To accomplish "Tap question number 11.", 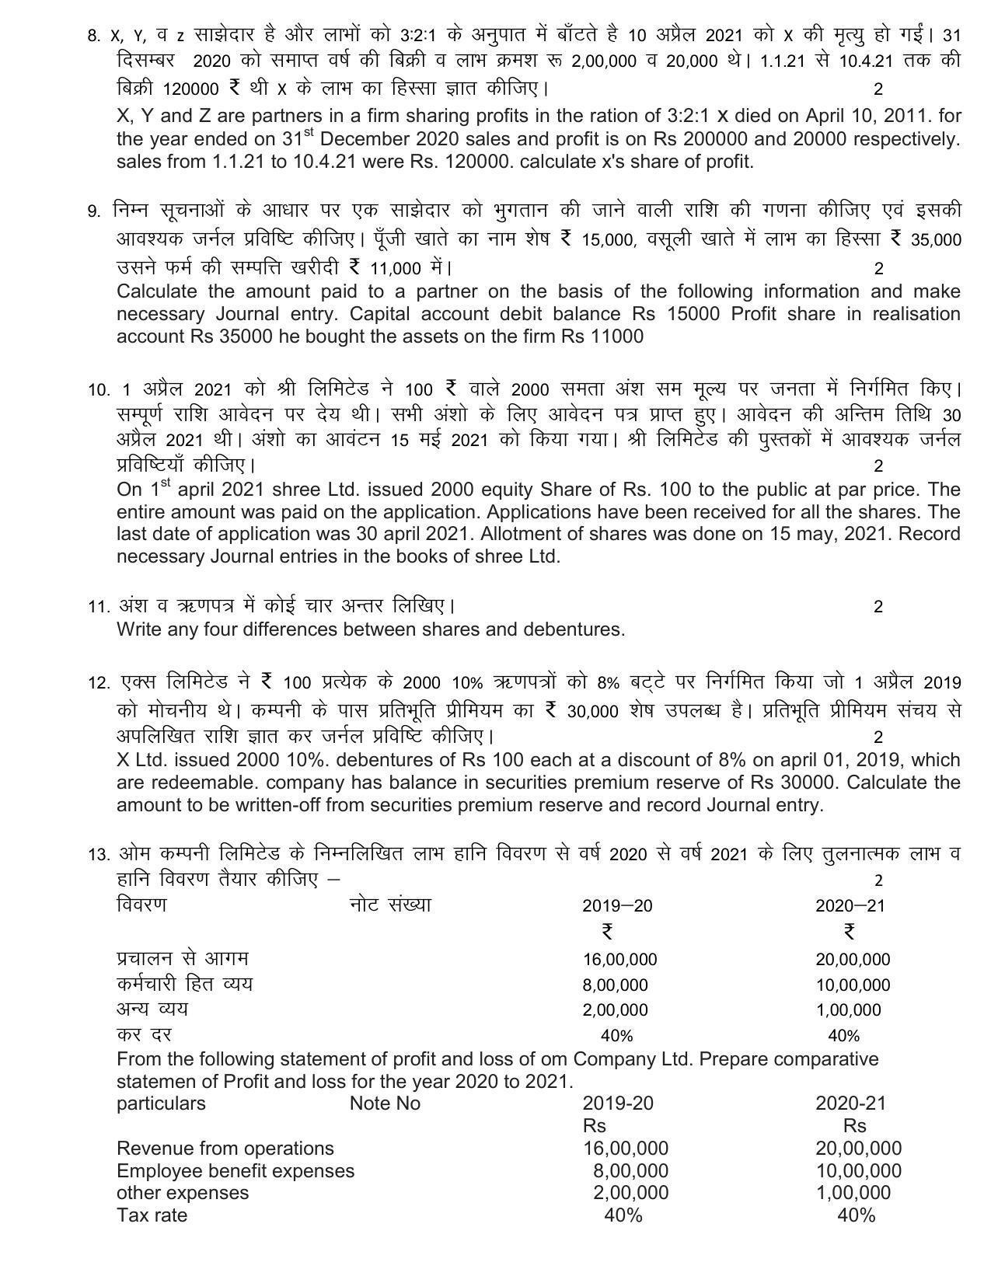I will pos(98,607).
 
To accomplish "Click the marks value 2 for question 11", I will pos(878,607).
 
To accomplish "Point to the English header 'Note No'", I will pos(385,1103).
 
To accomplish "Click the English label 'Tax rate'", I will pos(152,1215).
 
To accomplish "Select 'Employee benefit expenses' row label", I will pos(235,1171).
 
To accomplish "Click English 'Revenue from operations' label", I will pos(225,1149).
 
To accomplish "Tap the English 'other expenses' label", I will pos(183,1193).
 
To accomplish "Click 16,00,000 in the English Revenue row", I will pos(625,1149).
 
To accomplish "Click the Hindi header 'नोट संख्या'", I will pos(389,905).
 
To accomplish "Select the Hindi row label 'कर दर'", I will pos(143,1034).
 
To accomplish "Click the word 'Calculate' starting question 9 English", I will pos(158,292).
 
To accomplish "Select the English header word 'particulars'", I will pos(161,1103).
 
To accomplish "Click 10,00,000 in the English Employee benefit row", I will pos(858,1171).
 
